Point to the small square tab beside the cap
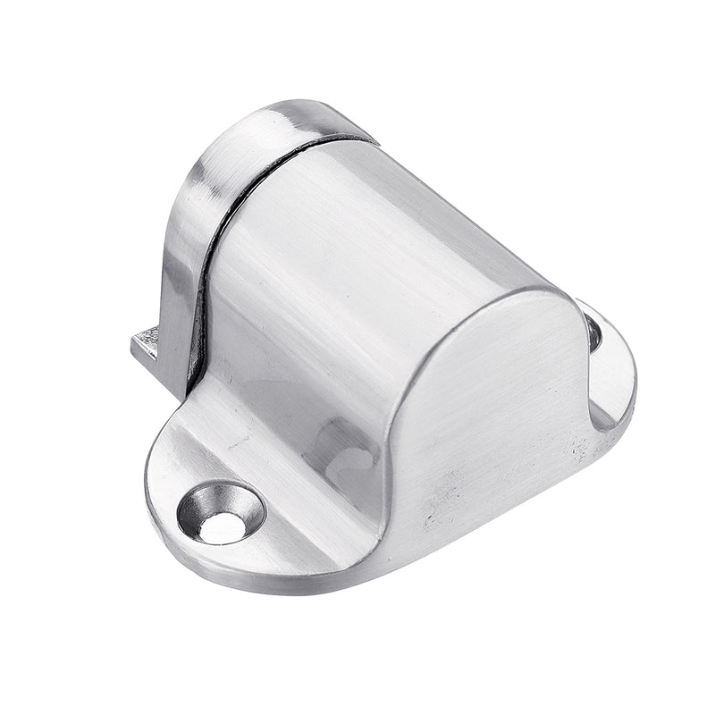(x=147, y=344)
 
